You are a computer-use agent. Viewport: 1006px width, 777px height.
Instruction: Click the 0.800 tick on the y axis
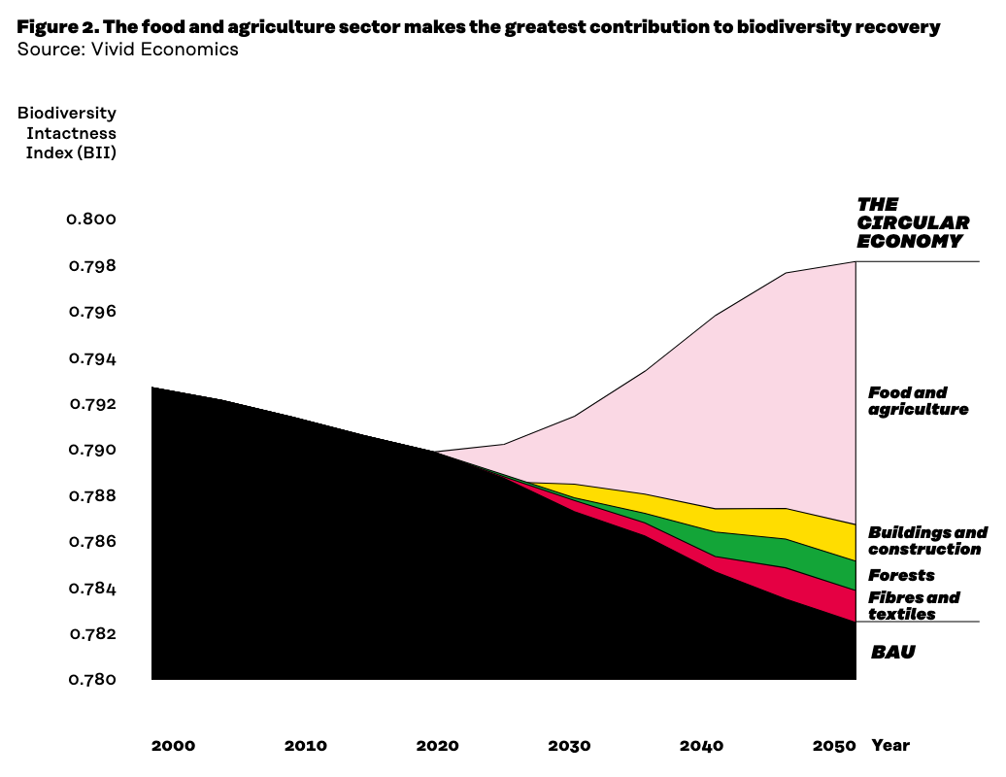pyautogui.click(x=91, y=220)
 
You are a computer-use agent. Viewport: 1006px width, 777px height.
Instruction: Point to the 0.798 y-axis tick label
pyautogui.click(x=91, y=266)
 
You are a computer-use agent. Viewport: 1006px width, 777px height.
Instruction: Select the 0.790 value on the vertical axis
pyautogui.click(x=91, y=451)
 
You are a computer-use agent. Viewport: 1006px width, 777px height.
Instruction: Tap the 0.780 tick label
pyautogui.click(x=91, y=680)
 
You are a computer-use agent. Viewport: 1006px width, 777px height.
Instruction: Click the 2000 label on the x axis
pyautogui.click(x=173, y=746)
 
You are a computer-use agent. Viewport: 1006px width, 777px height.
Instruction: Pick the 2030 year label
pyautogui.click(x=569, y=746)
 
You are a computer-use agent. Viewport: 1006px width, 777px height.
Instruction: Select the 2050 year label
pyautogui.click(x=834, y=746)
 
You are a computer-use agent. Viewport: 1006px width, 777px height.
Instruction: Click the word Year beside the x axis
pyautogui.click(x=890, y=746)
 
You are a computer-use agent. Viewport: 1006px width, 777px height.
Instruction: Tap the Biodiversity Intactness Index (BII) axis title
pyautogui.click(x=67, y=133)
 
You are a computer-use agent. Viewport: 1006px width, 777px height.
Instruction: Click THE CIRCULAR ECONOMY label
pyautogui.click(x=912, y=223)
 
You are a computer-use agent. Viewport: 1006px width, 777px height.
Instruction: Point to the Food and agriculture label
pyautogui.click(x=918, y=401)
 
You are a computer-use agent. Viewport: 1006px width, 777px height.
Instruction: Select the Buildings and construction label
pyautogui.click(x=926, y=541)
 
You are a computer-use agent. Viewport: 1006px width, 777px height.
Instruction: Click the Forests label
pyautogui.click(x=901, y=575)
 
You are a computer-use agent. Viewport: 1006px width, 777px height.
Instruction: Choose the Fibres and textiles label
pyautogui.click(x=913, y=606)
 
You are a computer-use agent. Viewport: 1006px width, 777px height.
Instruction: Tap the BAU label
pyautogui.click(x=892, y=653)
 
